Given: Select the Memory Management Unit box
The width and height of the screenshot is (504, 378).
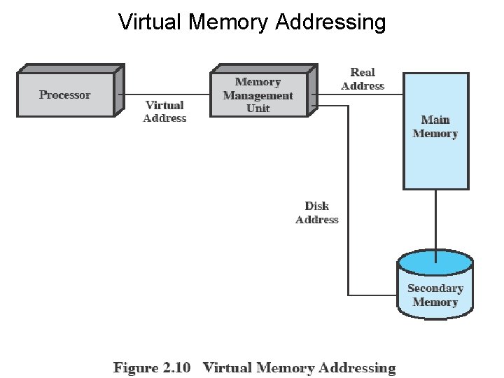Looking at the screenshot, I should click(x=259, y=94).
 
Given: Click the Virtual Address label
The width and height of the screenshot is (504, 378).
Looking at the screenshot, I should click(x=165, y=111).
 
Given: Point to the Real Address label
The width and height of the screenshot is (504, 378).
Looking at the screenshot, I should click(x=363, y=78).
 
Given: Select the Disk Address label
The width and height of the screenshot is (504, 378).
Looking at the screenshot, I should click(x=317, y=213).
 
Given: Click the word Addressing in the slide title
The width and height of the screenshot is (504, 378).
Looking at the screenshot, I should click(x=330, y=22).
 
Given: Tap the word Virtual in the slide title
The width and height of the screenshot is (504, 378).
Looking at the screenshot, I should click(x=150, y=22).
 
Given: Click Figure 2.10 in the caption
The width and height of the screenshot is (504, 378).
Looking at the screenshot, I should click(x=152, y=367).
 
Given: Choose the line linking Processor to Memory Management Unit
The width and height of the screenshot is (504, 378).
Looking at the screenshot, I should click(x=162, y=94).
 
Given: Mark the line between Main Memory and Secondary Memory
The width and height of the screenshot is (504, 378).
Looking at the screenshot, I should click(x=435, y=220).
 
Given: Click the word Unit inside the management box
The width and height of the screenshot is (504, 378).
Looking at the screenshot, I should click(x=258, y=108).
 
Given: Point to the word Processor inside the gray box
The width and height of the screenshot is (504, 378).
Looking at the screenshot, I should click(x=65, y=94).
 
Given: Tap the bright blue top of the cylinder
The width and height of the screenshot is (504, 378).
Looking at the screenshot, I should click(x=435, y=263).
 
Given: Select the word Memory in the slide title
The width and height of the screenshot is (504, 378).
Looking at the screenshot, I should click(x=227, y=22).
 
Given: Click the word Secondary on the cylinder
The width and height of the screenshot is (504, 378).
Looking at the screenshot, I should click(x=435, y=288).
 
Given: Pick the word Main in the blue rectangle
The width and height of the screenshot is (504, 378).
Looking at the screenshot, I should click(x=435, y=120).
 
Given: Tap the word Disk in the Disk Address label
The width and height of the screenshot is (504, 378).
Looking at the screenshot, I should click(x=317, y=206).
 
